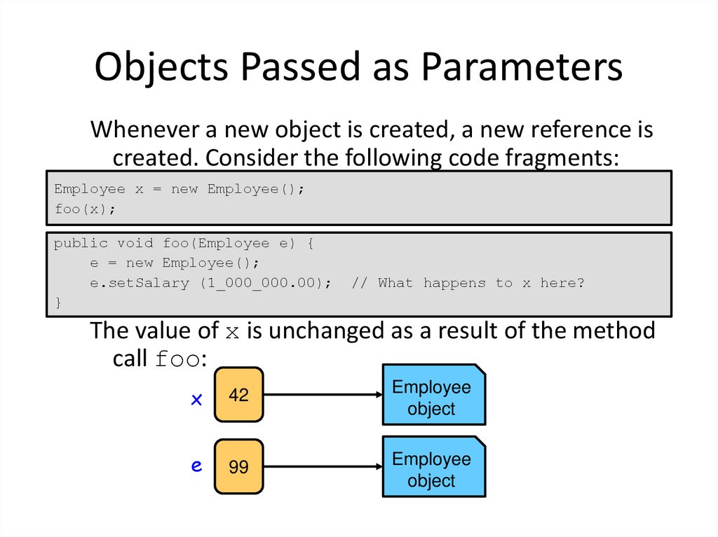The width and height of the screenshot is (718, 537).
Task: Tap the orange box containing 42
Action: [x=238, y=395]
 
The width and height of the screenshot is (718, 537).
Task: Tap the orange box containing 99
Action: [x=238, y=467]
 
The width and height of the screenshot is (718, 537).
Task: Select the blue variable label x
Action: [x=197, y=399]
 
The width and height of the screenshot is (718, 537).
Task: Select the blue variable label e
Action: [x=197, y=466]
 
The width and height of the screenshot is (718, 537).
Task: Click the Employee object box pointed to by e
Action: [x=433, y=467]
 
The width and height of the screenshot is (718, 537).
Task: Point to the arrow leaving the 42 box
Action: [x=323, y=395]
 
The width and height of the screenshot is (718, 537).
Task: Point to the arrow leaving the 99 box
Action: [x=323, y=467]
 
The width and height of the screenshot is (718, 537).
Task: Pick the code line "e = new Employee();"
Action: [x=175, y=263]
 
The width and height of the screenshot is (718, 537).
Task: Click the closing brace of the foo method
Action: [x=57, y=302]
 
